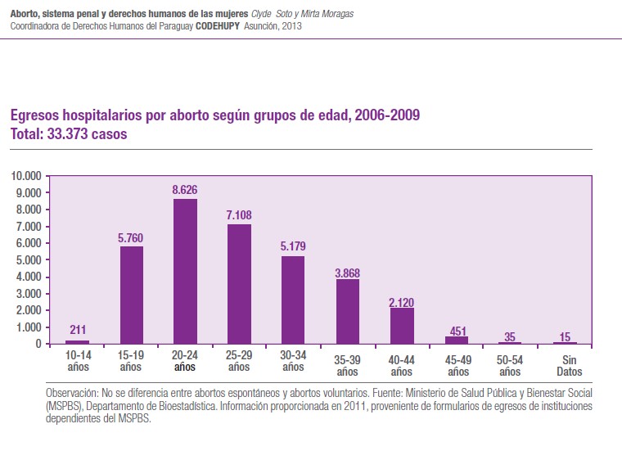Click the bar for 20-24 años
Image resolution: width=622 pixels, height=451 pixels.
pos(185,271)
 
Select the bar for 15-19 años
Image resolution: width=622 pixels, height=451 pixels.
pos(132,295)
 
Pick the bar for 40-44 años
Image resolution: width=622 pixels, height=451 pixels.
pos(402,326)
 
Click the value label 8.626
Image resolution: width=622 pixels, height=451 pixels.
pos(185,190)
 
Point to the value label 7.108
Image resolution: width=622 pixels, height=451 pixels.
pos(239,215)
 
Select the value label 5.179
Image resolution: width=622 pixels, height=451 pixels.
pos(293,247)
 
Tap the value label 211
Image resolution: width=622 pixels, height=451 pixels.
pos(78,331)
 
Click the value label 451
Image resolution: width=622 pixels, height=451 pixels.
pos(456,331)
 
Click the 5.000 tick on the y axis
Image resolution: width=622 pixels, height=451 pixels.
pos(28,260)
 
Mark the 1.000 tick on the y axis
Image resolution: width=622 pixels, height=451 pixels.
pos(28,327)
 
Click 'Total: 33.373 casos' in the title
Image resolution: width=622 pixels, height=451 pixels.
pos(69,134)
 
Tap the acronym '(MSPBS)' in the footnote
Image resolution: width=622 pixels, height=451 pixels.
pos(64,405)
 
